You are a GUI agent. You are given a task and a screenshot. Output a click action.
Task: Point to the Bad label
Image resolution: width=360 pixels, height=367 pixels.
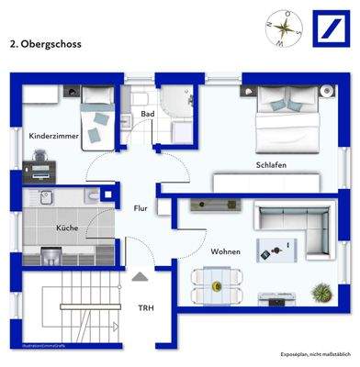pyautogui.click(x=147, y=114)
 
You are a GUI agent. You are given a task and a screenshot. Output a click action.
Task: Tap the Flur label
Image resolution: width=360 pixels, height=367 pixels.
pyautogui.click(x=141, y=208)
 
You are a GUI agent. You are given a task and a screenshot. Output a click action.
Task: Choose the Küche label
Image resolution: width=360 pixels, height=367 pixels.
pyautogui.click(x=67, y=227)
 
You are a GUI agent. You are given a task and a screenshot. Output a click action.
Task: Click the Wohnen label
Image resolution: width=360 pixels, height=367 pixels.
pyautogui.click(x=225, y=250)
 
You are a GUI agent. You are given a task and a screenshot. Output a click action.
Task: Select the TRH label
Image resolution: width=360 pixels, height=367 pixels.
pyautogui.click(x=145, y=308)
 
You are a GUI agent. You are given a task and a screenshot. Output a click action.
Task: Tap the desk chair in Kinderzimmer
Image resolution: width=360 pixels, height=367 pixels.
pyautogui.click(x=46, y=169)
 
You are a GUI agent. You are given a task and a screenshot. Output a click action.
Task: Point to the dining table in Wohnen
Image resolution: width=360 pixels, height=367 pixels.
pyautogui.click(x=217, y=281)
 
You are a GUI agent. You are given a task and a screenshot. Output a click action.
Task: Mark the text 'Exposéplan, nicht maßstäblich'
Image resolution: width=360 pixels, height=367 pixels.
pyautogui.click(x=313, y=353)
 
